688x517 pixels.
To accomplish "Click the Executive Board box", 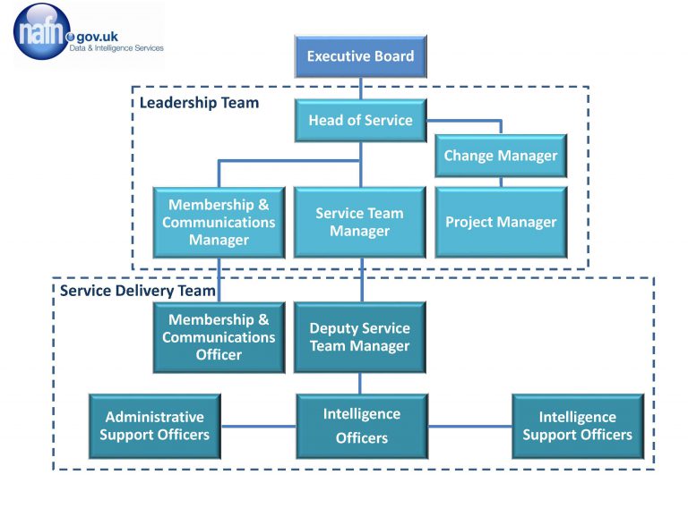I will coord(360,55).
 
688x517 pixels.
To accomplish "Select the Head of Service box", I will coord(360,120).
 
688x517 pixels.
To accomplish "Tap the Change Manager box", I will coord(501,156).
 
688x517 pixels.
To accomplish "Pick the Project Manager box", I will coord(501,222).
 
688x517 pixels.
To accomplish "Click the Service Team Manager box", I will coord(359,222).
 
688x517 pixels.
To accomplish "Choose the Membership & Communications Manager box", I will coord(219,222).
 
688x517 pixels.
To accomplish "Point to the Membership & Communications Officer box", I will coord(219,337).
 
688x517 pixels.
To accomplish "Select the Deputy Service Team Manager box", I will coord(359,337).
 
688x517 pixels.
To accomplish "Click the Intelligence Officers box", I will coord(361,426).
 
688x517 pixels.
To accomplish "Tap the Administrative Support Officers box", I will coord(154,426).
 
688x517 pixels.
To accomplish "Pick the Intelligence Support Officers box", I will coord(577,426).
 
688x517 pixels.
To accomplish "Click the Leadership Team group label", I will coord(199,103).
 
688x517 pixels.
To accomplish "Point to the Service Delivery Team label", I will coord(137,291).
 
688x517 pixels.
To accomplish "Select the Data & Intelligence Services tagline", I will coord(116,48).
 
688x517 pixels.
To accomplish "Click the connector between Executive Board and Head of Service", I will coord(361,87).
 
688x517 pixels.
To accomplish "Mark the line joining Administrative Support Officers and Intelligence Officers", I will coord(258,427).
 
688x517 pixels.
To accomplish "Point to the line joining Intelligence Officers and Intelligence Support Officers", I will coord(469,427).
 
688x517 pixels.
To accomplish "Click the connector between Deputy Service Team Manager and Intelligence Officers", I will coord(360,383).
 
